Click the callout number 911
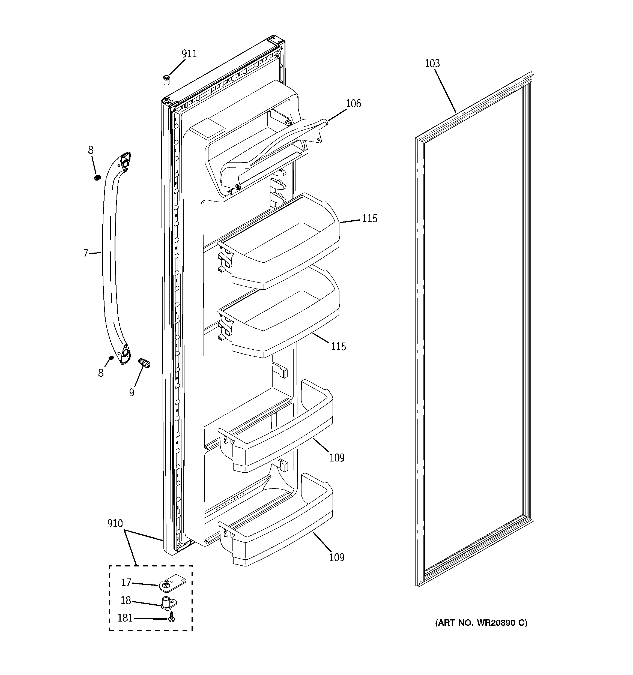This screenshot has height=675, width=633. pyautogui.click(x=189, y=54)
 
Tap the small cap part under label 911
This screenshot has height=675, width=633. pyautogui.click(x=166, y=81)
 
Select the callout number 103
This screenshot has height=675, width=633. pyautogui.click(x=432, y=64)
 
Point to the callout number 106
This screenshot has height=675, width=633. pyautogui.click(x=353, y=104)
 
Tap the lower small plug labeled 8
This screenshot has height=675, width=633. pyautogui.click(x=111, y=358)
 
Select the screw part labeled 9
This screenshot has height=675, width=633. pyautogui.click(x=144, y=363)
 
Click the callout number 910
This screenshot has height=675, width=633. pyautogui.click(x=115, y=524)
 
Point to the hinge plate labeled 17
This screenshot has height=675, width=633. pyautogui.click(x=173, y=583)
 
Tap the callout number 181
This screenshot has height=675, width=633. pyautogui.click(x=125, y=618)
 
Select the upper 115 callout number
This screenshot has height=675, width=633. pyautogui.click(x=369, y=218)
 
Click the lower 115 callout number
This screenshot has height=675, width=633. pyautogui.click(x=338, y=347)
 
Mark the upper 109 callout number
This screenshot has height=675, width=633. pyautogui.click(x=337, y=458)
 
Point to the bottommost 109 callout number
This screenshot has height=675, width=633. pyautogui.click(x=337, y=557)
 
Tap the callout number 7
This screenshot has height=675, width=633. pyautogui.click(x=86, y=253)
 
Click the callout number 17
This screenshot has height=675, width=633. pyautogui.click(x=126, y=583)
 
